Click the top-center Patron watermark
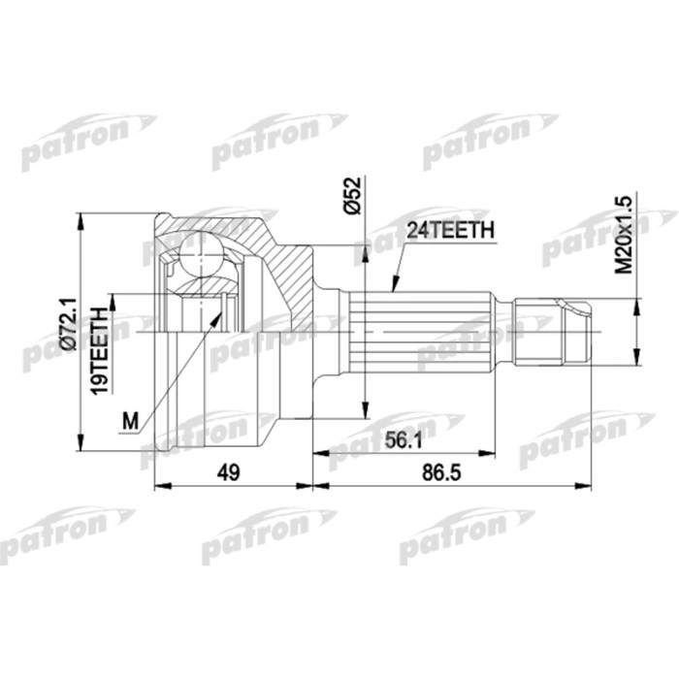281,141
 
